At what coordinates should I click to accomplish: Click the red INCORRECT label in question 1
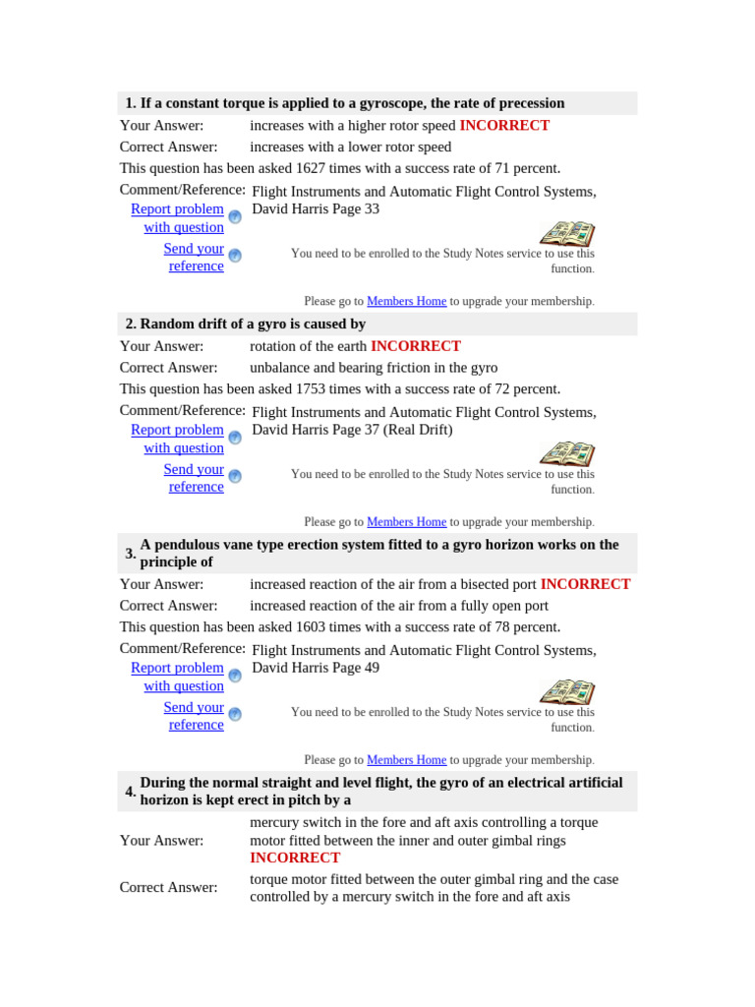coord(504,126)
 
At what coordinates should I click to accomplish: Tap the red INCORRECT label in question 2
coord(415,346)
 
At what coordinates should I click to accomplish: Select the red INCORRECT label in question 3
coord(585,584)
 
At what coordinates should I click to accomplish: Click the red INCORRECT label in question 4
coord(295,858)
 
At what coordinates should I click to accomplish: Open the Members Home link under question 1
coord(406,301)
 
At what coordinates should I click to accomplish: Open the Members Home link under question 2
coord(406,522)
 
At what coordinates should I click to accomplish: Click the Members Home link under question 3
coord(406,760)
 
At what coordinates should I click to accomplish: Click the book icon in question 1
coord(567,234)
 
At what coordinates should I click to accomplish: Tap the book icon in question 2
coord(567,454)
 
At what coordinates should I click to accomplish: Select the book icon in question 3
coord(567,692)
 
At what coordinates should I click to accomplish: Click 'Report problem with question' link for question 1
coord(178,218)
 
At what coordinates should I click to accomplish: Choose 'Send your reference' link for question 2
coord(195,478)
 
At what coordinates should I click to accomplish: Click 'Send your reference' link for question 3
coord(195,716)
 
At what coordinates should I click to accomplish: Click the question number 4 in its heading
coord(130,792)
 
